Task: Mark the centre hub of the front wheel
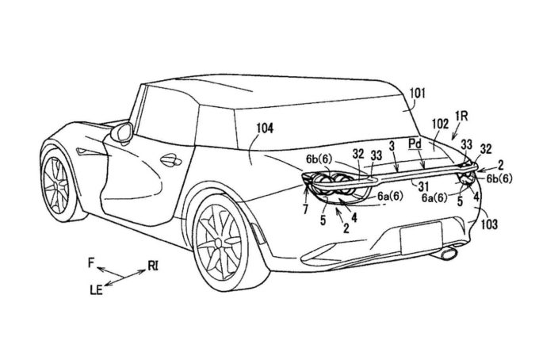tap(59, 184)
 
